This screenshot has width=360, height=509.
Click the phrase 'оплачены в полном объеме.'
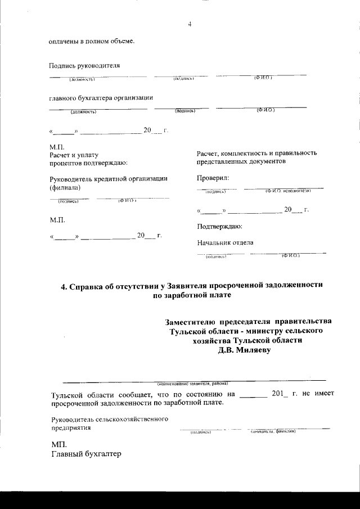[92, 41]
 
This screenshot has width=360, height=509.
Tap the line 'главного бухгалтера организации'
[101, 98]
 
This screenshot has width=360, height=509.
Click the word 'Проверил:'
[213, 178]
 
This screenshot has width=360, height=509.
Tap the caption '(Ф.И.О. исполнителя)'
[288, 191]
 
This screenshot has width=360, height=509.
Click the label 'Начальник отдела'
[225, 243]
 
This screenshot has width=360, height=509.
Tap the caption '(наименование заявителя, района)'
[192, 383]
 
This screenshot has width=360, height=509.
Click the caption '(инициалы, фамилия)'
[273, 431]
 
